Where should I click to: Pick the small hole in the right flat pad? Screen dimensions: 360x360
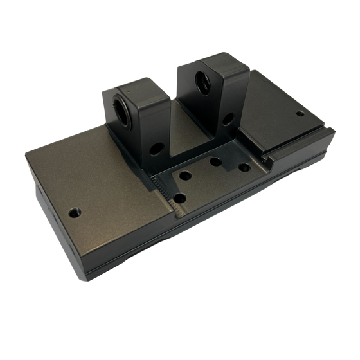point(300,114)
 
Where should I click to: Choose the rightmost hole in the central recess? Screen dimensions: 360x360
point(244,167)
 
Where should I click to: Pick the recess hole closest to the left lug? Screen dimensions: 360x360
point(186,175)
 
